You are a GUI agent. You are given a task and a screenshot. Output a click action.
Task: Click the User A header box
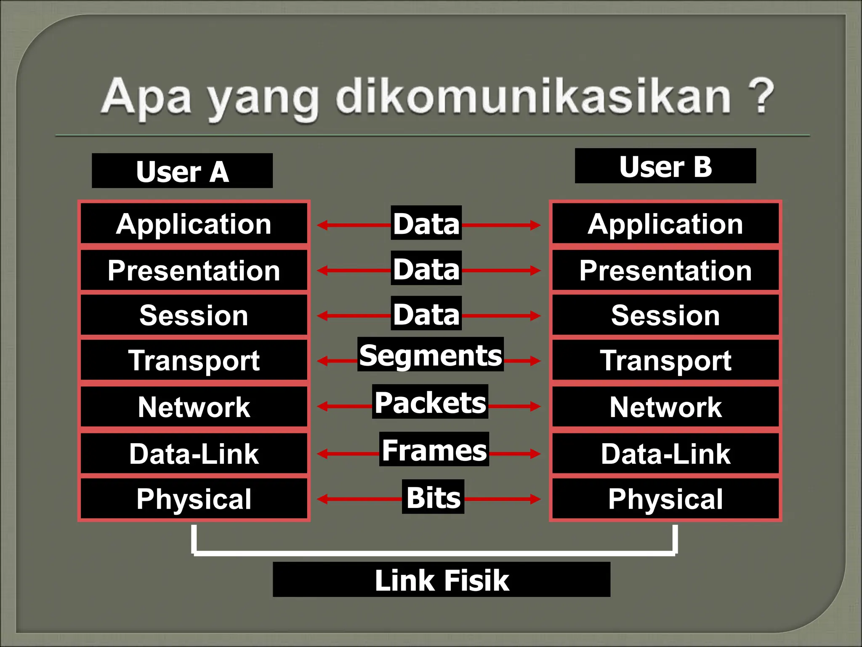(x=182, y=171)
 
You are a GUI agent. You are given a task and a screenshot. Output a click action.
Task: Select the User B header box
(x=665, y=166)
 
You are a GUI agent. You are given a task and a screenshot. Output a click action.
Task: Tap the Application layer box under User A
(x=194, y=224)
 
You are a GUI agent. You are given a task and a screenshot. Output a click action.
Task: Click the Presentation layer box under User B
(x=665, y=270)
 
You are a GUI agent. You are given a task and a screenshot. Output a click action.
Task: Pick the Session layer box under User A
(x=194, y=315)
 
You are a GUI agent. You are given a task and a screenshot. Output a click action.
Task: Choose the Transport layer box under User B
(x=665, y=361)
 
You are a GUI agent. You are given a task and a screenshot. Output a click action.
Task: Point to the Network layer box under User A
(x=194, y=407)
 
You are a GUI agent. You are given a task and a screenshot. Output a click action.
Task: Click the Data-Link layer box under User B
(x=665, y=454)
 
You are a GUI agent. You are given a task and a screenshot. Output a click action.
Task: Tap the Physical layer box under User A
(x=194, y=499)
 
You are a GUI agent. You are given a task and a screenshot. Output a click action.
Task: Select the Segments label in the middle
(x=430, y=355)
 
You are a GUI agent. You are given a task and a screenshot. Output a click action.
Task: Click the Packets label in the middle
(x=430, y=402)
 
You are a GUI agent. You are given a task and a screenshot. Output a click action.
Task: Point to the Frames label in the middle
(x=434, y=449)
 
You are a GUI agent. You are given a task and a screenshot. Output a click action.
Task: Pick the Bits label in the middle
(x=433, y=497)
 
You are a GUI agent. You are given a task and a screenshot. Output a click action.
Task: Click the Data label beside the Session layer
(x=426, y=314)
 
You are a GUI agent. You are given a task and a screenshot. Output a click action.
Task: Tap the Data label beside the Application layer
(x=426, y=223)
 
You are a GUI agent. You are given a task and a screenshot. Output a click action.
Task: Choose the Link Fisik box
(x=442, y=580)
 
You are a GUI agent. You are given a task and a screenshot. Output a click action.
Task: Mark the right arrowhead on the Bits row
(x=535, y=499)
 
